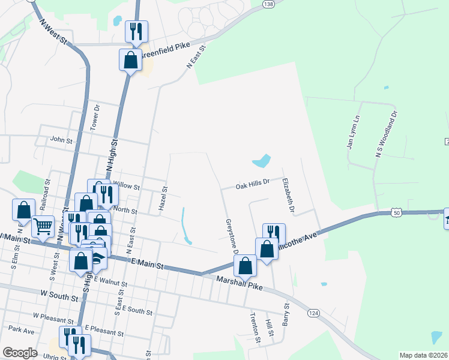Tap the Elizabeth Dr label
tap(289, 194)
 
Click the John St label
tap(61, 140)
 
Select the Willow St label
tap(126, 187)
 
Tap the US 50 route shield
tap(394, 212)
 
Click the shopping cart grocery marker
tap(43, 226)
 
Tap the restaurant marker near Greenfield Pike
tap(136, 31)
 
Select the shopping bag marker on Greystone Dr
tap(245, 265)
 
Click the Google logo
tap(20, 353)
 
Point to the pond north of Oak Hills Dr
tap(261, 161)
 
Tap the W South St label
tap(59, 297)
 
